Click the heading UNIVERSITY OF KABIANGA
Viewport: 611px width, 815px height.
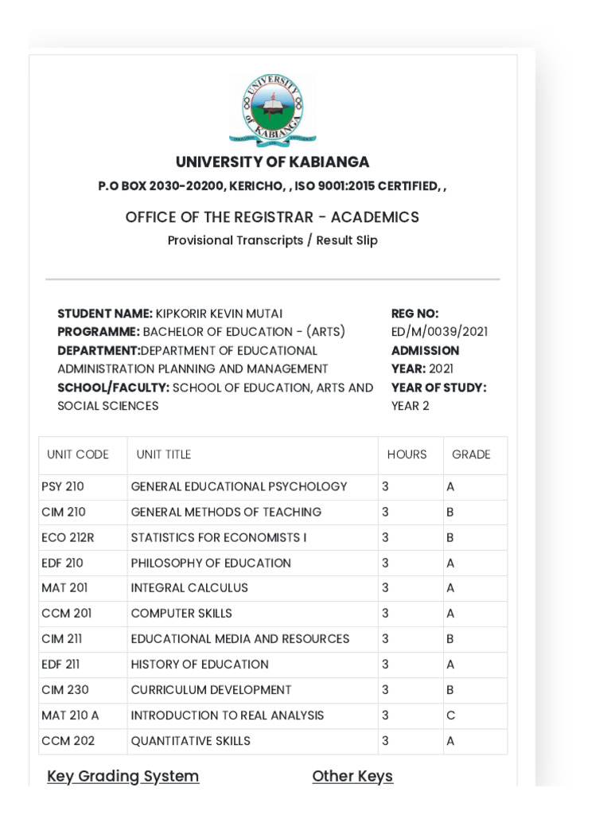pos(272,162)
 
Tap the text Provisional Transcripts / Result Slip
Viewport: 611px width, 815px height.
pos(272,240)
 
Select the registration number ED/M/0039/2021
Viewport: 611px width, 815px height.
pos(439,332)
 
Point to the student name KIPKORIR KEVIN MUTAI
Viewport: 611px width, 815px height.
pos(219,314)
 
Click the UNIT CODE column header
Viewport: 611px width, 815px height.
pos(78,454)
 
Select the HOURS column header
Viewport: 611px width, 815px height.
pos(407,454)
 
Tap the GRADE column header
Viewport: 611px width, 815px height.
pos(471,454)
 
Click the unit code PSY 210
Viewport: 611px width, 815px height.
pos(63,486)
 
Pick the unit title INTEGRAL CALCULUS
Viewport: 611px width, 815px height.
pos(189,588)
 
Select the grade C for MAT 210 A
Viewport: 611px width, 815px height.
pos(451,716)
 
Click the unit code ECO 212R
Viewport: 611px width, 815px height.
pos(68,537)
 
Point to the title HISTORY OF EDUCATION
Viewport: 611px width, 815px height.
pos(200,665)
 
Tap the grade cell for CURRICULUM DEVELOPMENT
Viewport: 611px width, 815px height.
pos(450,690)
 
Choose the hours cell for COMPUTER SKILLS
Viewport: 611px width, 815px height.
pos(385,614)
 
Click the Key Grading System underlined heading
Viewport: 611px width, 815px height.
pos(123,776)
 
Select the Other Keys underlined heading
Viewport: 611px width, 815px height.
pos(352,776)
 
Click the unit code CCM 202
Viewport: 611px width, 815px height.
pos(68,741)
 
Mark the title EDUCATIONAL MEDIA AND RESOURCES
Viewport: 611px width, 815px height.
pos(239,639)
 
